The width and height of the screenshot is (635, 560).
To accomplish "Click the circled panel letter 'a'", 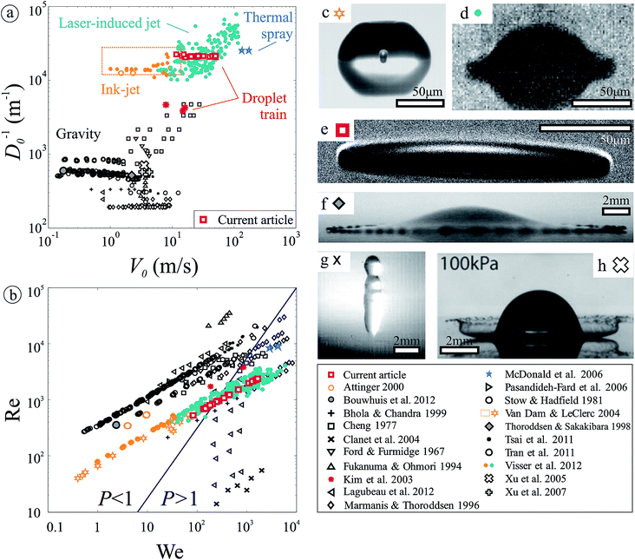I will click(x=10, y=10).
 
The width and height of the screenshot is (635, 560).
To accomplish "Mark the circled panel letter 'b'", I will click(x=10, y=288).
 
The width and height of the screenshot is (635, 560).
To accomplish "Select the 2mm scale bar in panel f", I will click(x=615, y=209).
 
